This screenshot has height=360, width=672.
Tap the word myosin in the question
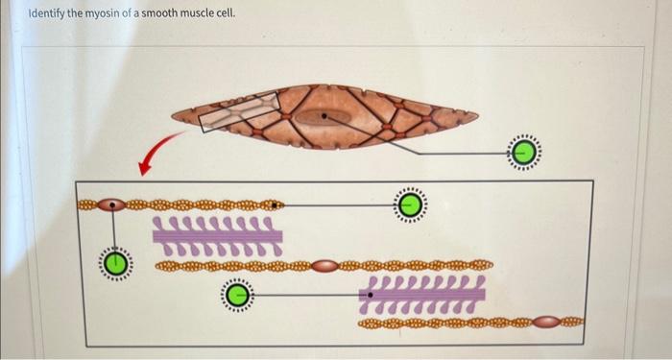pyautogui.click(x=112, y=16)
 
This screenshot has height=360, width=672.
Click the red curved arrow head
pyautogui.click(x=145, y=170)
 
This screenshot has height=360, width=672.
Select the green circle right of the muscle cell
pyautogui.click(x=524, y=152)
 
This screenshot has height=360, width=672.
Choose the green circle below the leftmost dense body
pyautogui.click(x=115, y=262)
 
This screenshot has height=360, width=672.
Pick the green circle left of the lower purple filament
pyautogui.click(x=237, y=294)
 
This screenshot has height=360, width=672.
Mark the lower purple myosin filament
pyautogui.click(x=422, y=294)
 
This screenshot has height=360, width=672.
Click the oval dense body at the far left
pyautogui.click(x=113, y=204)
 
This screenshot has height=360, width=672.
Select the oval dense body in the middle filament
pyautogui.click(x=324, y=264)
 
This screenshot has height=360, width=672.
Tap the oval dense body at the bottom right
pyautogui.click(x=546, y=323)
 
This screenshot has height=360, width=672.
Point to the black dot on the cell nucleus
pyautogui.click(x=324, y=116)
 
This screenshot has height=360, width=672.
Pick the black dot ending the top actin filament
pyautogui.click(x=276, y=204)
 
